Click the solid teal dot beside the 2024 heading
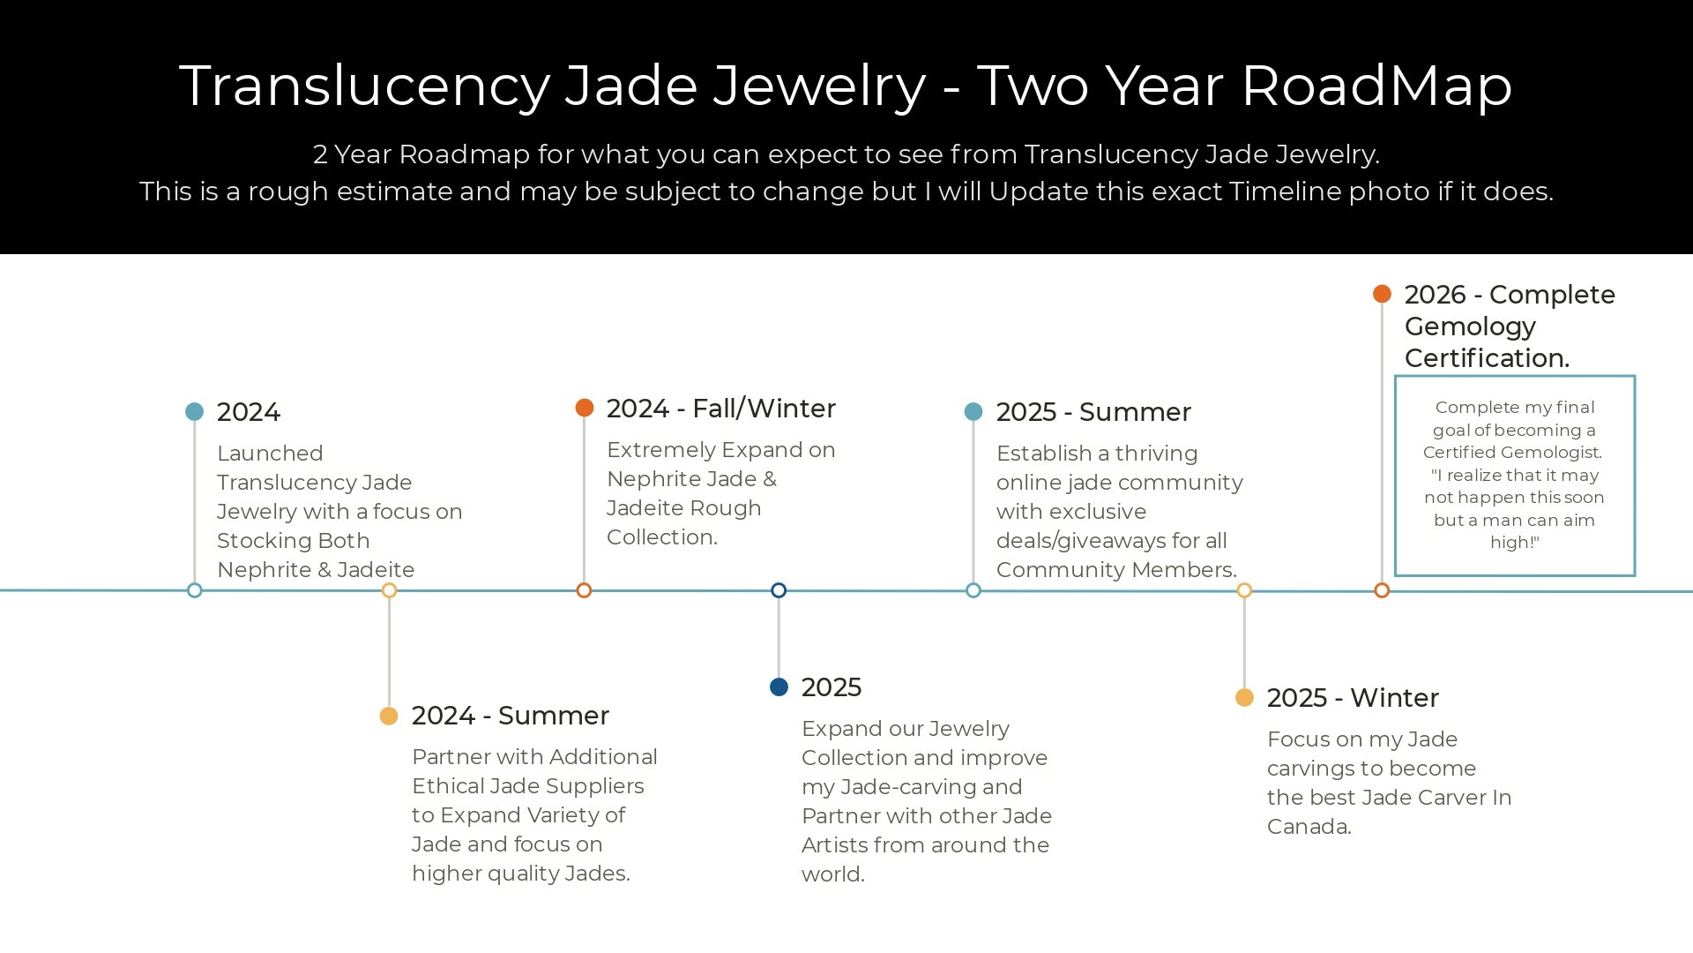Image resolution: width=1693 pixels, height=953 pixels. click(195, 412)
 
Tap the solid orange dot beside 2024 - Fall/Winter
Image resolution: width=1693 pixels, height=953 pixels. click(585, 408)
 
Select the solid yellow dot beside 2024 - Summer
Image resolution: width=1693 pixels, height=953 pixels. click(389, 716)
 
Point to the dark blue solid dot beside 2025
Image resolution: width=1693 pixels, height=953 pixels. click(779, 687)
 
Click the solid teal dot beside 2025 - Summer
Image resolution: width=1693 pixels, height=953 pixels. click(973, 412)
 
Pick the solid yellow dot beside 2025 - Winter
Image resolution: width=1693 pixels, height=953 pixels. click(1244, 698)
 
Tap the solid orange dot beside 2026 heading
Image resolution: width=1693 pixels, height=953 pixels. click(1382, 294)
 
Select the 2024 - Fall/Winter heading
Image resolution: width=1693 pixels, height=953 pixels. click(721, 409)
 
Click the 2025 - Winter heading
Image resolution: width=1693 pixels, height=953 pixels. click(1353, 698)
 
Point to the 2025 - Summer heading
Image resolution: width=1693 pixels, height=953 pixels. click(1093, 412)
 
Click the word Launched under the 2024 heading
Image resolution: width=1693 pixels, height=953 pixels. click(270, 454)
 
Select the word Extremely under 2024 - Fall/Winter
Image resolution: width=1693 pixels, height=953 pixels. click(660, 451)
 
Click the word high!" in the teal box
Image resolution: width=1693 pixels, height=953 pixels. click(1515, 543)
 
